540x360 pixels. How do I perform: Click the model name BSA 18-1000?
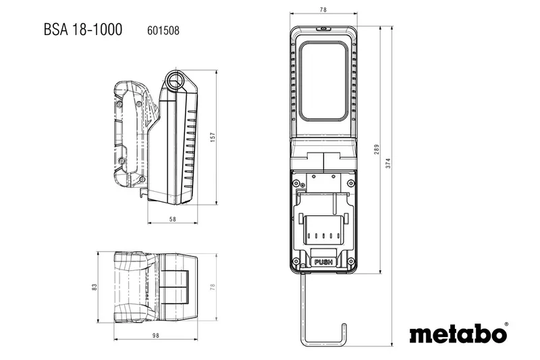pyautogui.click(x=82, y=29)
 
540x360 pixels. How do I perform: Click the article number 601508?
pyautogui.click(x=163, y=30)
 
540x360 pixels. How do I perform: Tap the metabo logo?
pyautogui.click(x=458, y=334)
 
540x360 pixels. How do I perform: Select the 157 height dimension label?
pyautogui.click(x=213, y=137)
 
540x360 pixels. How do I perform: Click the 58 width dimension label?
pyautogui.click(x=173, y=219)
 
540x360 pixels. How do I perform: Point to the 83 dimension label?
pyautogui.click(x=94, y=287)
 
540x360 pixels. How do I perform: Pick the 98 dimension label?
pyautogui.click(x=155, y=336)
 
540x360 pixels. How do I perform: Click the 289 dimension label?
pyautogui.click(x=377, y=149)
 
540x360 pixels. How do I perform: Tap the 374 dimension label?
pyautogui.click(x=388, y=163)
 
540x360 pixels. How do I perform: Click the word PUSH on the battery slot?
pyautogui.click(x=323, y=262)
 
